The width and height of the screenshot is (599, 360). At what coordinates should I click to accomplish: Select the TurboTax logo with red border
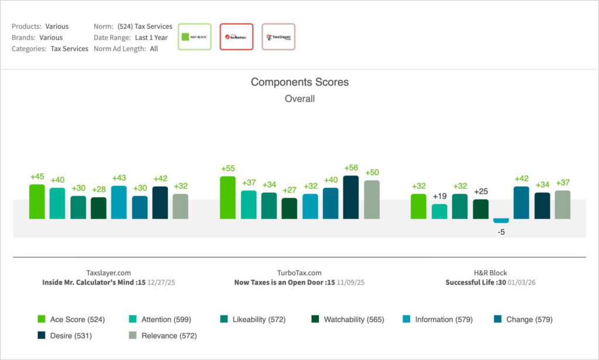(236, 37)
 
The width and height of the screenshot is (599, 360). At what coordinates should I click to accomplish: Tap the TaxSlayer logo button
(278, 37)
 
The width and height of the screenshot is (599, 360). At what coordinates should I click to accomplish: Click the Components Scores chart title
(299, 83)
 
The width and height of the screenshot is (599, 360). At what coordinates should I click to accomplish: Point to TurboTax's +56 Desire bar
(351, 197)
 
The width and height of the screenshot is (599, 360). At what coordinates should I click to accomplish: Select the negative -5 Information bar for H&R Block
(501, 221)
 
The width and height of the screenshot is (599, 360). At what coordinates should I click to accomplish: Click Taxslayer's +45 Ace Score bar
(37, 201)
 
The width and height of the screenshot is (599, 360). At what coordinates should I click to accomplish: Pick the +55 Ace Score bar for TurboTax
(228, 198)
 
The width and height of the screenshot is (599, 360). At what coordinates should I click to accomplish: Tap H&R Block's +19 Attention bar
(439, 211)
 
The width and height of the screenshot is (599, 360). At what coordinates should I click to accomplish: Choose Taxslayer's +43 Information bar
(119, 203)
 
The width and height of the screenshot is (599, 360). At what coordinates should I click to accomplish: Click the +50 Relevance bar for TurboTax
(371, 200)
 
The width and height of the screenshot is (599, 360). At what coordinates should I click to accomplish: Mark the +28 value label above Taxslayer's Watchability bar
(98, 189)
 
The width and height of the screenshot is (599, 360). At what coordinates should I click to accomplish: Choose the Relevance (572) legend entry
(163, 336)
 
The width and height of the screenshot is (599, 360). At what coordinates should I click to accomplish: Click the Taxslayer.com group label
(108, 273)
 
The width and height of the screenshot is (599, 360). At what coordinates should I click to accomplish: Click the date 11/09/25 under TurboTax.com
(350, 282)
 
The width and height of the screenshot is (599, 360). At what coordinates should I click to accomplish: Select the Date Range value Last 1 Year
(151, 37)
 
